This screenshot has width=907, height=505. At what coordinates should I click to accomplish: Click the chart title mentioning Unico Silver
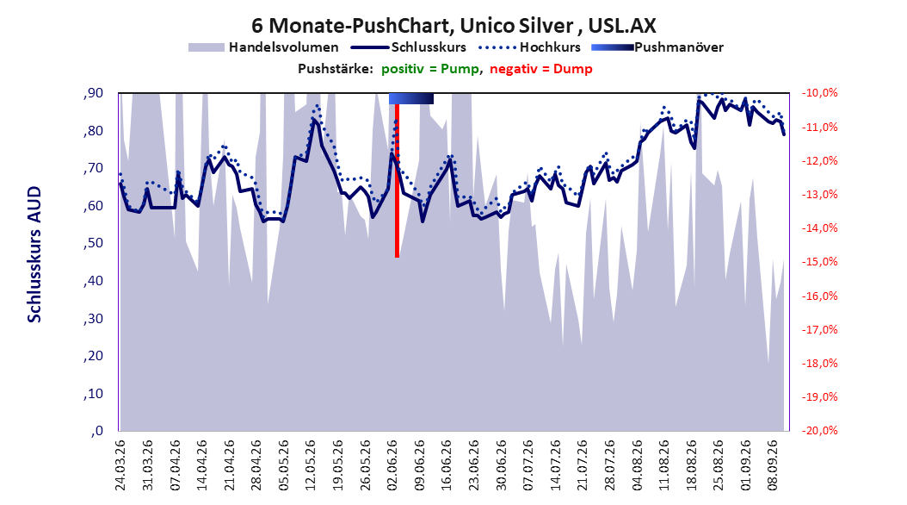453,26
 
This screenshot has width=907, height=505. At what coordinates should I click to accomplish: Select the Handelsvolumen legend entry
263,47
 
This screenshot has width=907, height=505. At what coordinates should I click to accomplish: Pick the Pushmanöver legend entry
657,47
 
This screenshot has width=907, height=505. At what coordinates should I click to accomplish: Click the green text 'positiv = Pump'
430,69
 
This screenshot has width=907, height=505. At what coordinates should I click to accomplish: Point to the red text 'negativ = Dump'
541,69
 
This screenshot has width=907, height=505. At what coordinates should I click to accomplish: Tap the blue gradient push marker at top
411,98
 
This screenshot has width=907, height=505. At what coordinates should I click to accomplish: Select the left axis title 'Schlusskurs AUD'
34,254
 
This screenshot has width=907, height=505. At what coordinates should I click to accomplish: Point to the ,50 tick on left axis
93,243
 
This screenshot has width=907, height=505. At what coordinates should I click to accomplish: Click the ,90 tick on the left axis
93,93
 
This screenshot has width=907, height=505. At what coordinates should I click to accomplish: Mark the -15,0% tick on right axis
819,262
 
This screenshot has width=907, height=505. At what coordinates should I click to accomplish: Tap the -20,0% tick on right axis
819,431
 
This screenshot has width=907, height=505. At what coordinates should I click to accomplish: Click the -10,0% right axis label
819,93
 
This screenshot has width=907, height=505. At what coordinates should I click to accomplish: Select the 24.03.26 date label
120,465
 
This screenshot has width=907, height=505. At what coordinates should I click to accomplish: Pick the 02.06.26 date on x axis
392,465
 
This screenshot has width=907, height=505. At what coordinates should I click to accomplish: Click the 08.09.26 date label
772,465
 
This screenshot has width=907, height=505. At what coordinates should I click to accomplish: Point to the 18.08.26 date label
691,465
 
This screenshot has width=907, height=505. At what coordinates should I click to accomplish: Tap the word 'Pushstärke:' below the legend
335,69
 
